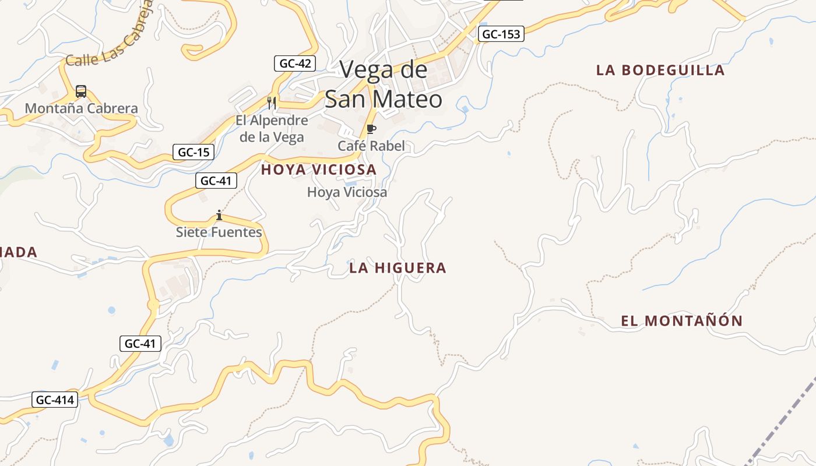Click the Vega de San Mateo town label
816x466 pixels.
(x=384, y=85)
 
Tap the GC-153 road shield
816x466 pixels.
(x=501, y=34)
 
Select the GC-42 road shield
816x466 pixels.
(x=295, y=63)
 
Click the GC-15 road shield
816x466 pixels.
(x=194, y=153)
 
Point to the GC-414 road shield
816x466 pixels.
(x=55, y=400)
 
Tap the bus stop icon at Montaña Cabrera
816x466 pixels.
(x=81, y=91)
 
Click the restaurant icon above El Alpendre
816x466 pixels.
(x=272, y=103)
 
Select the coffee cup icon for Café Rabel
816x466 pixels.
(x=371, y=129)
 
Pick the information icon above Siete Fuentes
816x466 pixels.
(x=219, y=216)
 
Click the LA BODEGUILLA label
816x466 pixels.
(x=660, y=70)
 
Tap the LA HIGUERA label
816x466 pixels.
(x=398, y=268)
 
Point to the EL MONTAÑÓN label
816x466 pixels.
(x=682, y=321)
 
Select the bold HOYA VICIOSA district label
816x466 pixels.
(x=319, y=170)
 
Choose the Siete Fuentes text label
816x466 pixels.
(x=219, y=232)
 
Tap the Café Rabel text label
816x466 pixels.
(x=371, y=146)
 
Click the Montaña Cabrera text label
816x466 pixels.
(x=81, y=108)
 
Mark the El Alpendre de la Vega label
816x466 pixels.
(x=272, y=129)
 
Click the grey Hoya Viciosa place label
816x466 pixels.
(x=347, y=192)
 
